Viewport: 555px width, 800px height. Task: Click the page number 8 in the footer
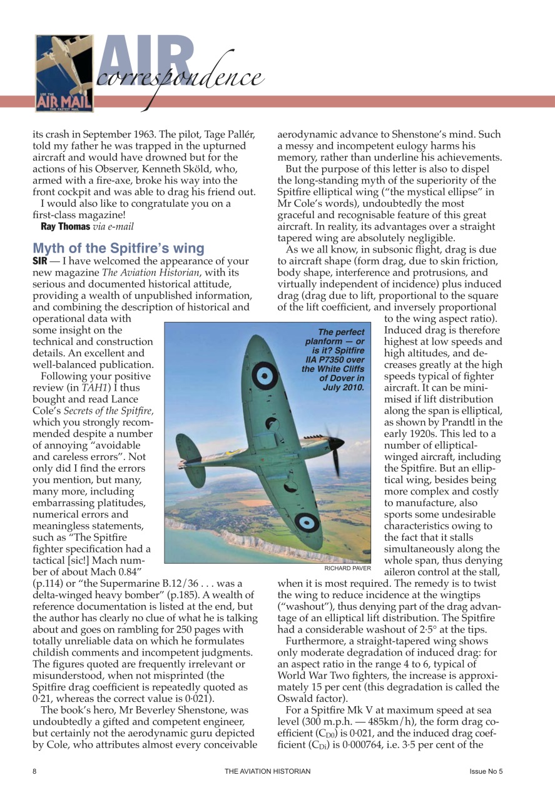coord(35,771)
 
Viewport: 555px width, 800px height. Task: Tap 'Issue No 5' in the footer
coord(486,771)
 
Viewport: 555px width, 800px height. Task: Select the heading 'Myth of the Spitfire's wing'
coord(118,248)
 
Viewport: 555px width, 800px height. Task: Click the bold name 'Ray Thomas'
coord(66,226)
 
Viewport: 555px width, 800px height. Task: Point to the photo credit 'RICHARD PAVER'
coord(348,568)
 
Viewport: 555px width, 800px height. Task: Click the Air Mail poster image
coord(64,73)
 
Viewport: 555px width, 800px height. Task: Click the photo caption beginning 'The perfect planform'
coord(334,359)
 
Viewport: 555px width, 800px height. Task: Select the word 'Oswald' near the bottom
coord(297,699)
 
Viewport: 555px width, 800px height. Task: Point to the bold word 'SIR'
coord(40,261)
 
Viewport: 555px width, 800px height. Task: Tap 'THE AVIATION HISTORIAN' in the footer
coord(267,771)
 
